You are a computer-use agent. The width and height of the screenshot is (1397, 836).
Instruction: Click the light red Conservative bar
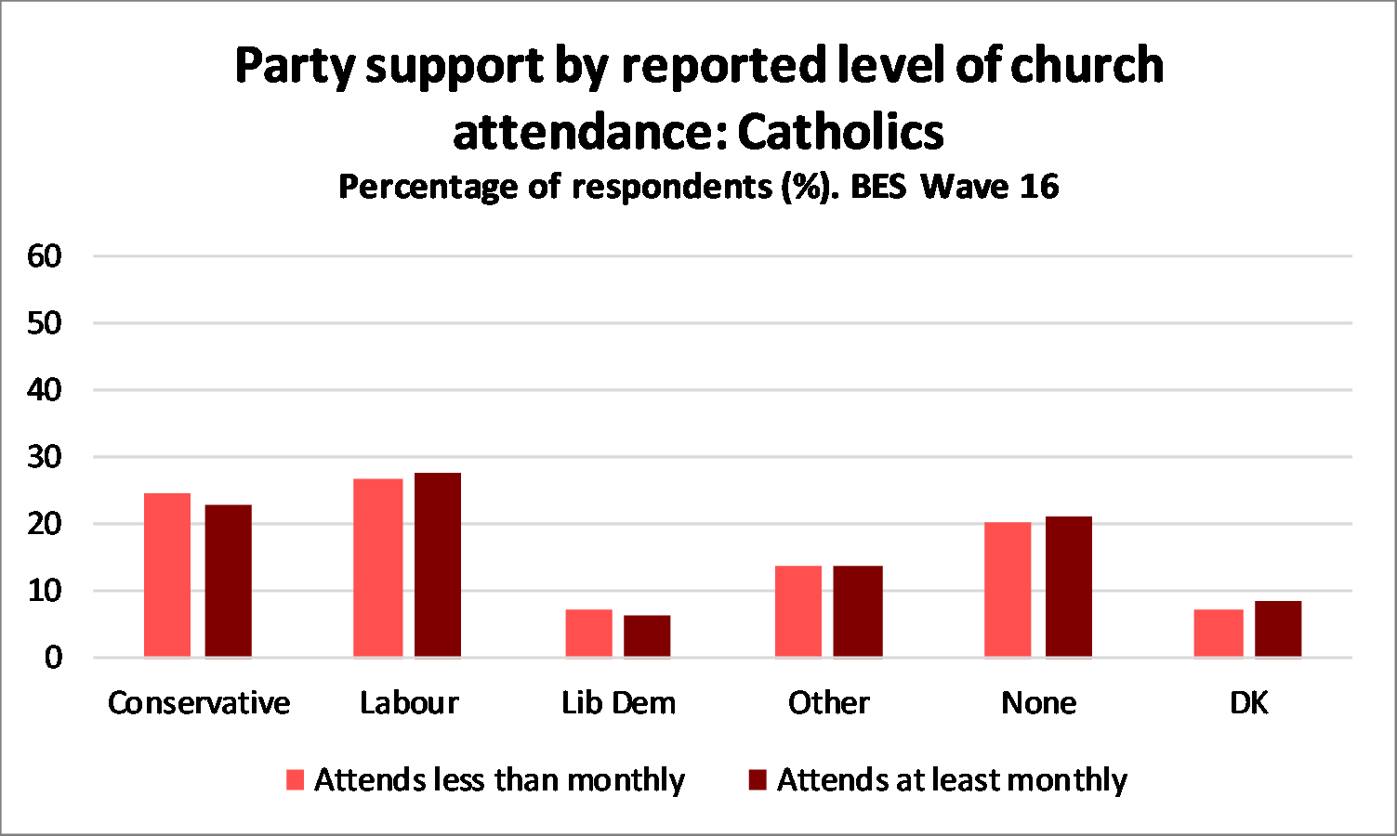click(167, 575)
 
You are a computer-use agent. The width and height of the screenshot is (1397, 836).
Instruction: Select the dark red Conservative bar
click(228, 581)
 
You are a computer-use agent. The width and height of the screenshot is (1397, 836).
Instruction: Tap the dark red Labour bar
click(438, 565)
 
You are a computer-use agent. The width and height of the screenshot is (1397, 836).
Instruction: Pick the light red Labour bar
click(378, 568)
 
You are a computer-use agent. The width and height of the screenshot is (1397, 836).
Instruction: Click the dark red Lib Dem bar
click(647, 635)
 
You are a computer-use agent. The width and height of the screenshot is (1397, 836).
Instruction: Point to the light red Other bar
click(798, 611)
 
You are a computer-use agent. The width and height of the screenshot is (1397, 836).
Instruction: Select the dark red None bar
click(1068, 586)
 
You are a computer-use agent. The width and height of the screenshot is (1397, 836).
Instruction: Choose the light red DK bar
click(1219, 633)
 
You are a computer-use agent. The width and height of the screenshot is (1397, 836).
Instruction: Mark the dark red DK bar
click(1278, 629)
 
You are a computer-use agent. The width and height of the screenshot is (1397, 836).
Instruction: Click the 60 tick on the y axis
click(45, 256)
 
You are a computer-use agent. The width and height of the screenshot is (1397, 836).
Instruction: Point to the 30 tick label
click(45, 457)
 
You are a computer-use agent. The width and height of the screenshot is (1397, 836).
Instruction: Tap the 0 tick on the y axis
click(53, 658)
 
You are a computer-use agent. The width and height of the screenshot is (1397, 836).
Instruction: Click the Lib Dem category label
click(618, 703)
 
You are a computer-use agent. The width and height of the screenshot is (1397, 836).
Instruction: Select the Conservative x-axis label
click(199, 703)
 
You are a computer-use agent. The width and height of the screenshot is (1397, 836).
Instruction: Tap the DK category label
click(1248, 703)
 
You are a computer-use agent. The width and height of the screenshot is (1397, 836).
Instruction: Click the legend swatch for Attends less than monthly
click(296, 780)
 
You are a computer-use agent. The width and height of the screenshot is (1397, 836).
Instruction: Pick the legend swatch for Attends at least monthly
click(758, 780)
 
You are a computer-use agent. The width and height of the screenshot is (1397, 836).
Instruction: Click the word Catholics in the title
click(840, 132)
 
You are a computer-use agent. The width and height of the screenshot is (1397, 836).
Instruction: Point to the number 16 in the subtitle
click(1038, 187)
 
